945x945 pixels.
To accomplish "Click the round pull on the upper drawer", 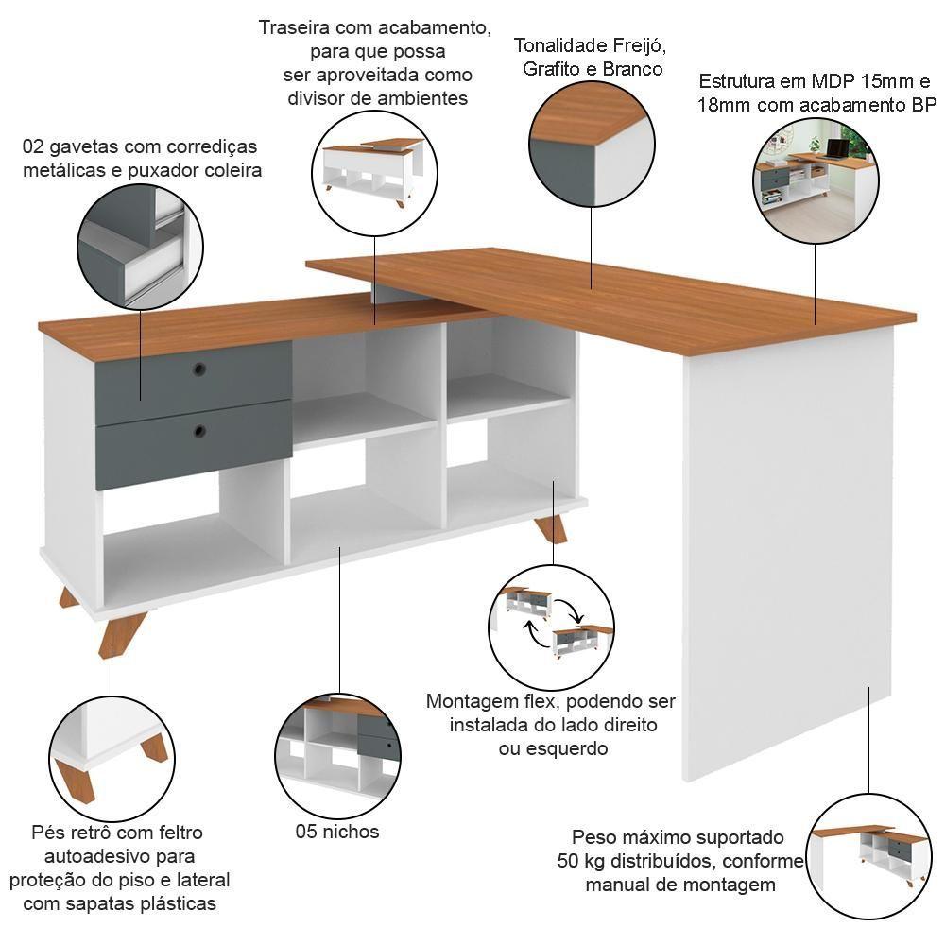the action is point(198,369).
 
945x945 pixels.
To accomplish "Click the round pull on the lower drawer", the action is point(199,431).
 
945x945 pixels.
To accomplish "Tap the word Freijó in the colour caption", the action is point(640,45).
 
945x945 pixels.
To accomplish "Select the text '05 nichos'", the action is point(337,832).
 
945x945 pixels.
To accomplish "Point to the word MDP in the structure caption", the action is point(833,80).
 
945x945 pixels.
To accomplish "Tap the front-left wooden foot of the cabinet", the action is point(122,634).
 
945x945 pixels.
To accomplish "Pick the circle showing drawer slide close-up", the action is point(141,246).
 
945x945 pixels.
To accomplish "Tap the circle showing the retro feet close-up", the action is point(112,757).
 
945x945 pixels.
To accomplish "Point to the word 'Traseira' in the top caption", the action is point(295,27).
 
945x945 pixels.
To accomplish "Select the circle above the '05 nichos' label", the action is point(338,756).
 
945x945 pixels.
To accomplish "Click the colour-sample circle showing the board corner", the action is point(592,144).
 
